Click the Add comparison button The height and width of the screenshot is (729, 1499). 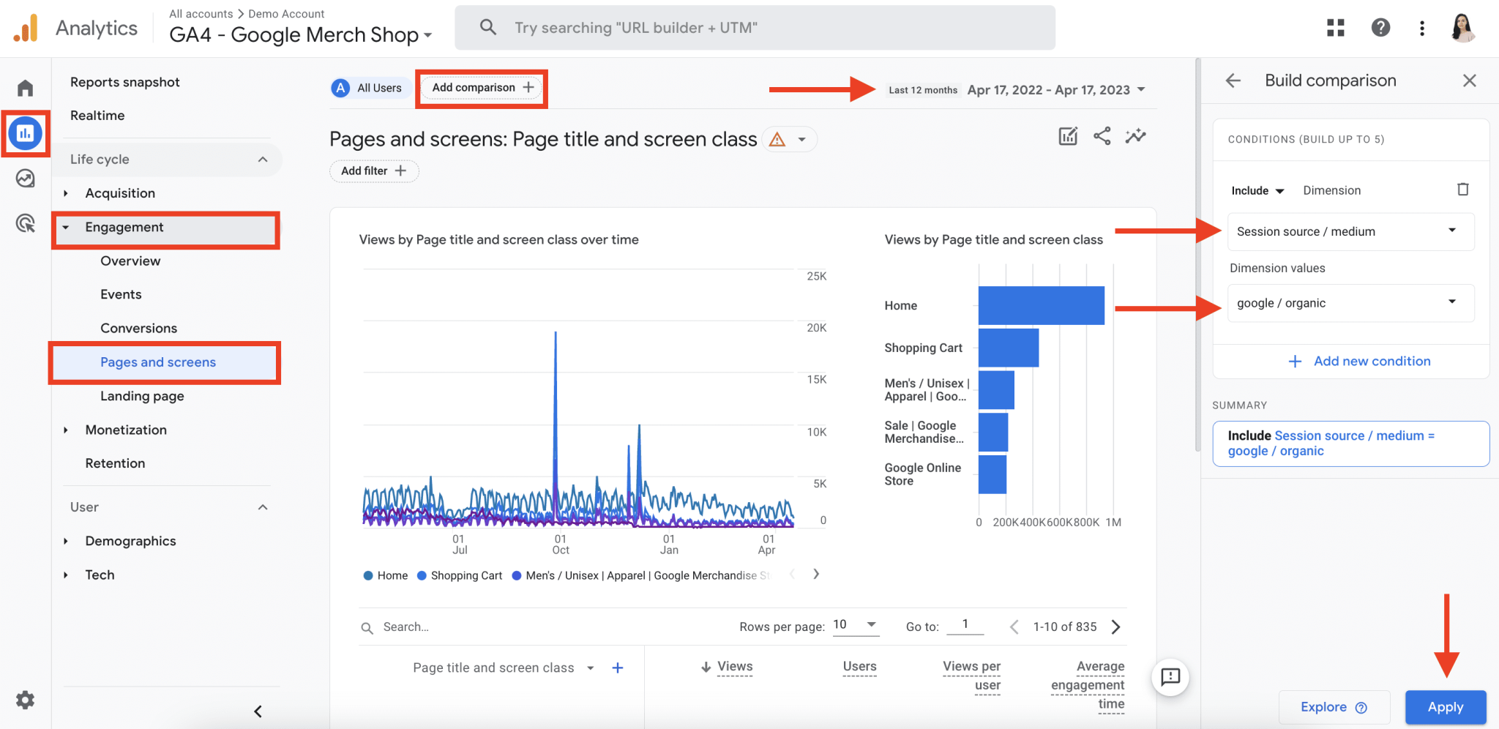click(x=482, y=88)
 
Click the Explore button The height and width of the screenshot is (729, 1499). click(x=1333, y=707)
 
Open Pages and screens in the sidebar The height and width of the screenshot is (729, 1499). click(x=158, y=362)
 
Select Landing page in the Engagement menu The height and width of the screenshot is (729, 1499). click(x=142, y=396)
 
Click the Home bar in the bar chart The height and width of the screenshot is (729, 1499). click(x=1041, y=305)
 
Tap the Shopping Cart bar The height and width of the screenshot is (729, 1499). click(x=1009, y=348)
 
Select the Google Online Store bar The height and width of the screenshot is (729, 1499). click(x=993, y=474)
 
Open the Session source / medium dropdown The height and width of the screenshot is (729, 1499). click(x=1350, y=231)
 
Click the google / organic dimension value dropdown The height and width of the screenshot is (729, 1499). click(x=1350, y=303)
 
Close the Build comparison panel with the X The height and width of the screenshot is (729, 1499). click(x=1469, y=81)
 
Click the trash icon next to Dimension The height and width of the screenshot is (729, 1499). click(x=1462, y=190)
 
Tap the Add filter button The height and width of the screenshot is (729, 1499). click(x=373, y=171)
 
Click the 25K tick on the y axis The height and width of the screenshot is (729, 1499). click(x=816, y=276)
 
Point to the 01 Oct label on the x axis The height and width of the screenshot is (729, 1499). click(x=561, y=545)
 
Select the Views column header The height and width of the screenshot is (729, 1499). click(x=734, y=666)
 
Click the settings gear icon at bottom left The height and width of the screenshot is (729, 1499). click(x=26, y=700)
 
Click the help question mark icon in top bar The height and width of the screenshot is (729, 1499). click(x=1380, y=28)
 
